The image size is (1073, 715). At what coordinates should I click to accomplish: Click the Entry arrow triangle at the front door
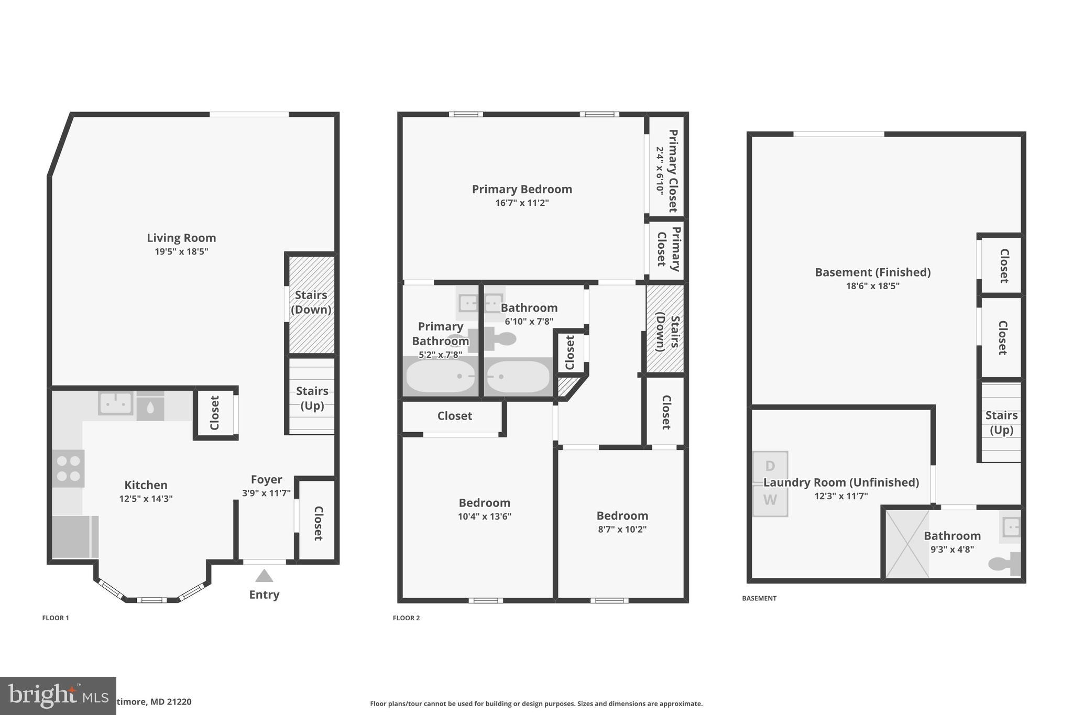pos(264,576)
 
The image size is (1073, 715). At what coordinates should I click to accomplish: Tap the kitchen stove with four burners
pos(68,468)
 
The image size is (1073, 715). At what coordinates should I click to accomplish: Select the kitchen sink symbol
pos(115,403)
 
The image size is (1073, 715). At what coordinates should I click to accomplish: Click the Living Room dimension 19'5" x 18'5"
pos(181,251)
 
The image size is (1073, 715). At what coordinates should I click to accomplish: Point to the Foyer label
pos(266,479)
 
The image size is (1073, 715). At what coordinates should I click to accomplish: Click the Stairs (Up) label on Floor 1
pos(312,398)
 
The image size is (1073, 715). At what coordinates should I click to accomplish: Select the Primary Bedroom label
pos(522,189)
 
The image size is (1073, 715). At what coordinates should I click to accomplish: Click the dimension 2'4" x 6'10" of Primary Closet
pos(660,171)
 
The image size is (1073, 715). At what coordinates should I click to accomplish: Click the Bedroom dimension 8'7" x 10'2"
pos(622,529)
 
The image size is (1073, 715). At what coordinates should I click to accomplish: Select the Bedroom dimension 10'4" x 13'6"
pos(484,516)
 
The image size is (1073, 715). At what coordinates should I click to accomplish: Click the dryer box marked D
pos(770,466)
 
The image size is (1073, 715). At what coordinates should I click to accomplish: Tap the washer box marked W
pos(770,500)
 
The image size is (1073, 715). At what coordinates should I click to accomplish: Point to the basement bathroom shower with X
pos(907,544)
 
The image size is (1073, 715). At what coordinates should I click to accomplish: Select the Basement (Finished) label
pos(872,272)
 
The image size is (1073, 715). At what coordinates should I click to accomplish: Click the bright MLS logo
pos(58,696)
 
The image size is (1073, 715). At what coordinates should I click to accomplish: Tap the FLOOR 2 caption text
pos(406,618)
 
